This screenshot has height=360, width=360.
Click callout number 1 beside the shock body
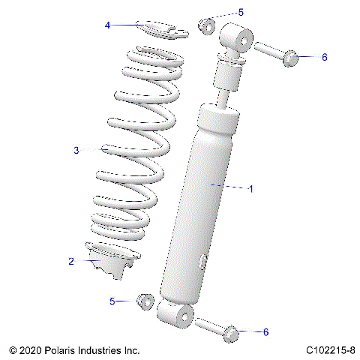pyautogui.click(x=250, y=189)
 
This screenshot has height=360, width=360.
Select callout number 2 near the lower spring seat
pyautogui.click(x=71, y=262)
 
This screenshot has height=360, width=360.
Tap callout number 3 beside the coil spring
pyautogui.click(x=76, y=151)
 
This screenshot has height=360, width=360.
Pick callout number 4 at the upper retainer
pyautogui.click(x=108, y=25)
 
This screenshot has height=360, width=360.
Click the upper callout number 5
pyautogui.click(x=241, y=12)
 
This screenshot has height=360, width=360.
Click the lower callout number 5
pyautogui.click(x=112, y=301)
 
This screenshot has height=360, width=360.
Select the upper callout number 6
pyautogui.click(x=324, y=57)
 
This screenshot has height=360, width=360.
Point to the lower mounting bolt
pyautogui.click(x=217, y=328)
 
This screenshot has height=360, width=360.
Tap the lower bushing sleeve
pyautogui.click(x=145, y=301)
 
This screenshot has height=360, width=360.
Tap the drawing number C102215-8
pyautogui.click(x=331, y=350)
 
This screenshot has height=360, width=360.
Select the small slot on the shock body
pyautogui.click(x=204, y=262)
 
